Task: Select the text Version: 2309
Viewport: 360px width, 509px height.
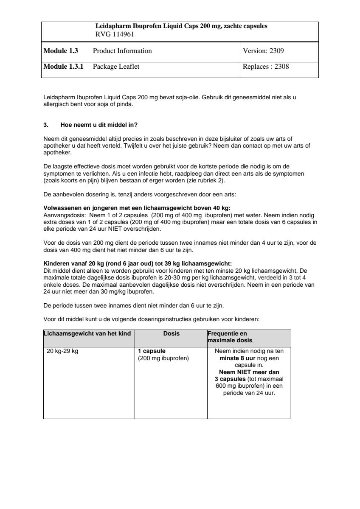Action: [x=263, y=51]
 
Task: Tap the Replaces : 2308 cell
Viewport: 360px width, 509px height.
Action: [x=266, y=67]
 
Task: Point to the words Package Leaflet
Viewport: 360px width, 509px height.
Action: [x=116, y=67]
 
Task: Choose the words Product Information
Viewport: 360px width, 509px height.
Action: [x=122, y=51]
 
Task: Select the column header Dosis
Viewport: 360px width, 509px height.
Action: [x=171, y=334]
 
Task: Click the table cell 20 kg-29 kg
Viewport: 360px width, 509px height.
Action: [x=62, y=351]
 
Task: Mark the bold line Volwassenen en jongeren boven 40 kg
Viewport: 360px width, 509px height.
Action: [x=137, y=208]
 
